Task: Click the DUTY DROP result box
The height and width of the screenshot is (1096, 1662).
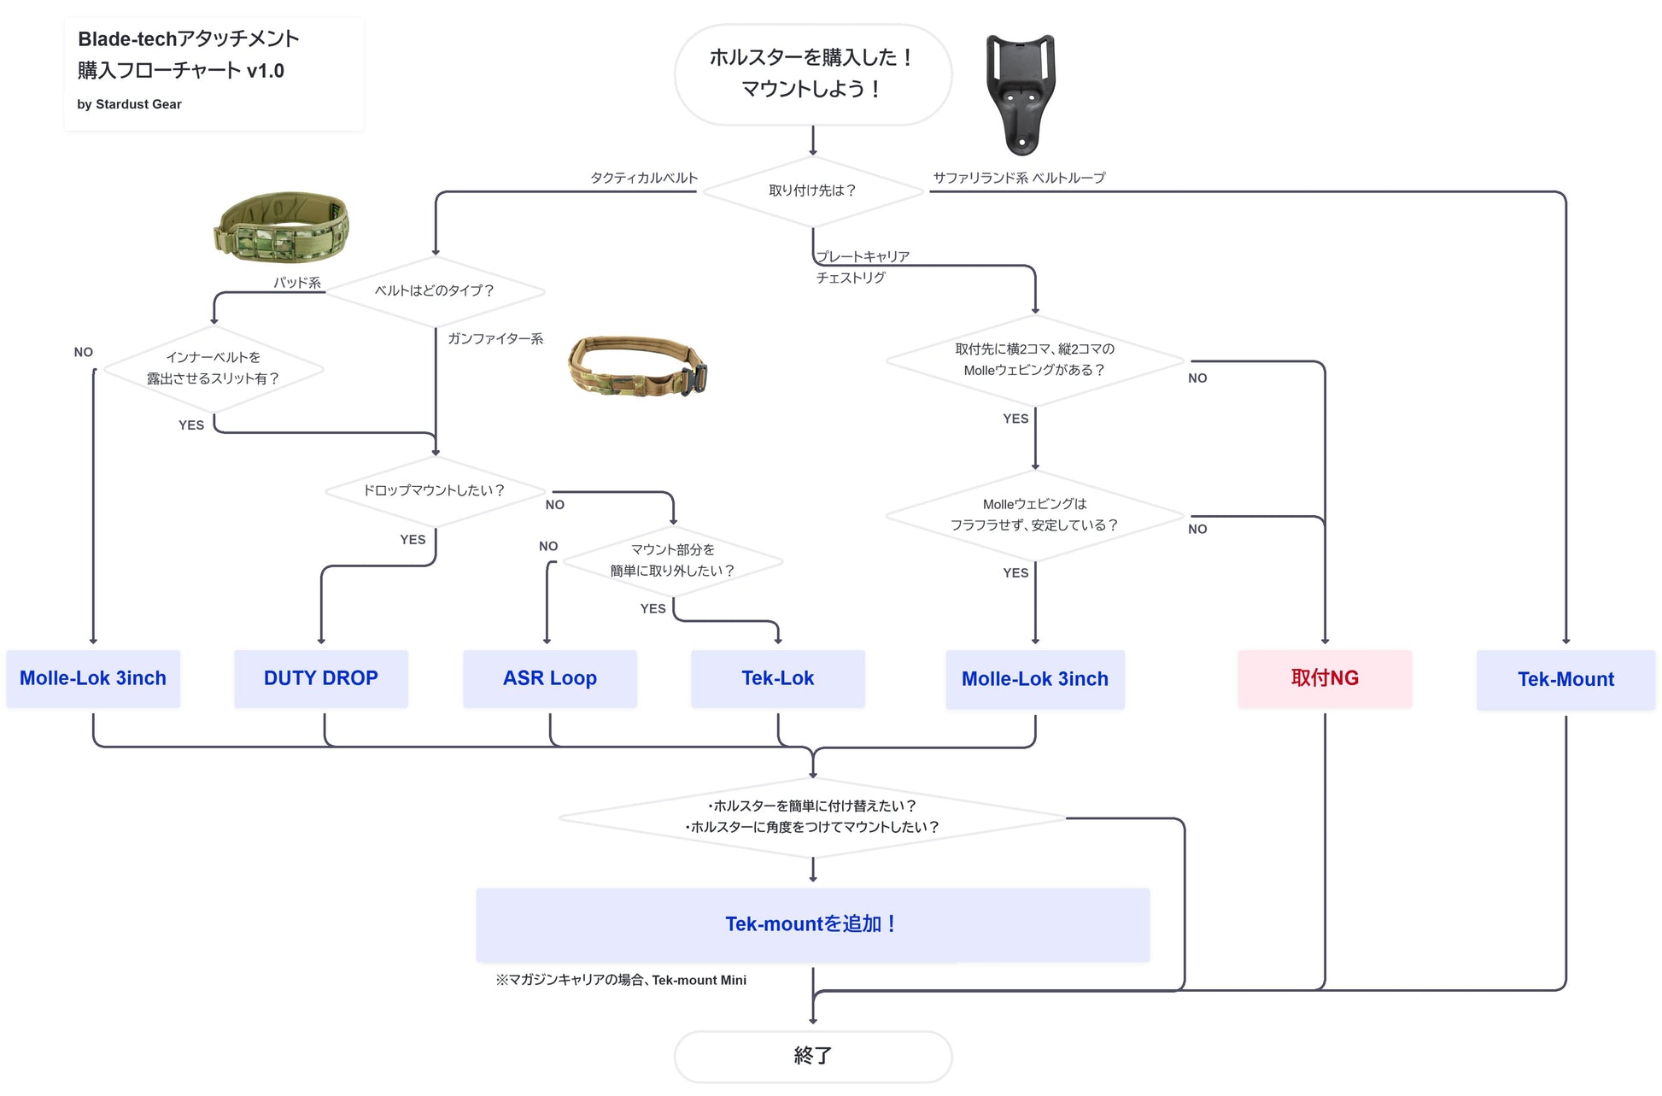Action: tap(320, 678)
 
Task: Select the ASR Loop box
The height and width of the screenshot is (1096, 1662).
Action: tap(549, 678)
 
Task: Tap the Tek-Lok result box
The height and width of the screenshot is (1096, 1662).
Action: tap(777, 678)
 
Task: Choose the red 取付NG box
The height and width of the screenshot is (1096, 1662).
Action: tap(1325, 678)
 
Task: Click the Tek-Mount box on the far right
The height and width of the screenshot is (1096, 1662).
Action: tap(1565, 679)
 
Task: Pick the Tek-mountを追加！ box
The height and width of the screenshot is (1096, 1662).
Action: tap(812, 924)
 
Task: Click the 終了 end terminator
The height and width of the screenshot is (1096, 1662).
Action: tap(812, 1056)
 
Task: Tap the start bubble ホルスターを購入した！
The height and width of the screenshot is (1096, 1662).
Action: tap(812, 73)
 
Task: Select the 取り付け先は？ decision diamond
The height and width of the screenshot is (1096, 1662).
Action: tap(812, 190)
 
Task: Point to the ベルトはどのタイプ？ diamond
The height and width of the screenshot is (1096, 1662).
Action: tap(435, 290)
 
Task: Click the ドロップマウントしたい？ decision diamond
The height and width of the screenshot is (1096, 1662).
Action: tap(435, 490)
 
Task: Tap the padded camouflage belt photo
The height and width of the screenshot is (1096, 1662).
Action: tap(281, 226)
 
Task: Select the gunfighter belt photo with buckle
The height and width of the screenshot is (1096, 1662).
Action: tap(637, 365)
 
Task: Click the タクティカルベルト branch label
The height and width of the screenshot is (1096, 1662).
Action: tap(644, 178)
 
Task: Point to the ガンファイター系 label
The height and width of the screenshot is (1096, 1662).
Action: tap(495, 339)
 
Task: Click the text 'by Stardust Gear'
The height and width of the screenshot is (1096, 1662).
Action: tap(129, 104)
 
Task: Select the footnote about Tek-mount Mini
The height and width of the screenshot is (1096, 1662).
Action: tap(621, 981)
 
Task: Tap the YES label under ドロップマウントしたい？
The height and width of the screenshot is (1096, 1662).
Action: tap(413, 540)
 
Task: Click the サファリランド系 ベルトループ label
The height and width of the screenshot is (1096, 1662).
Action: tap(1019, 178)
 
